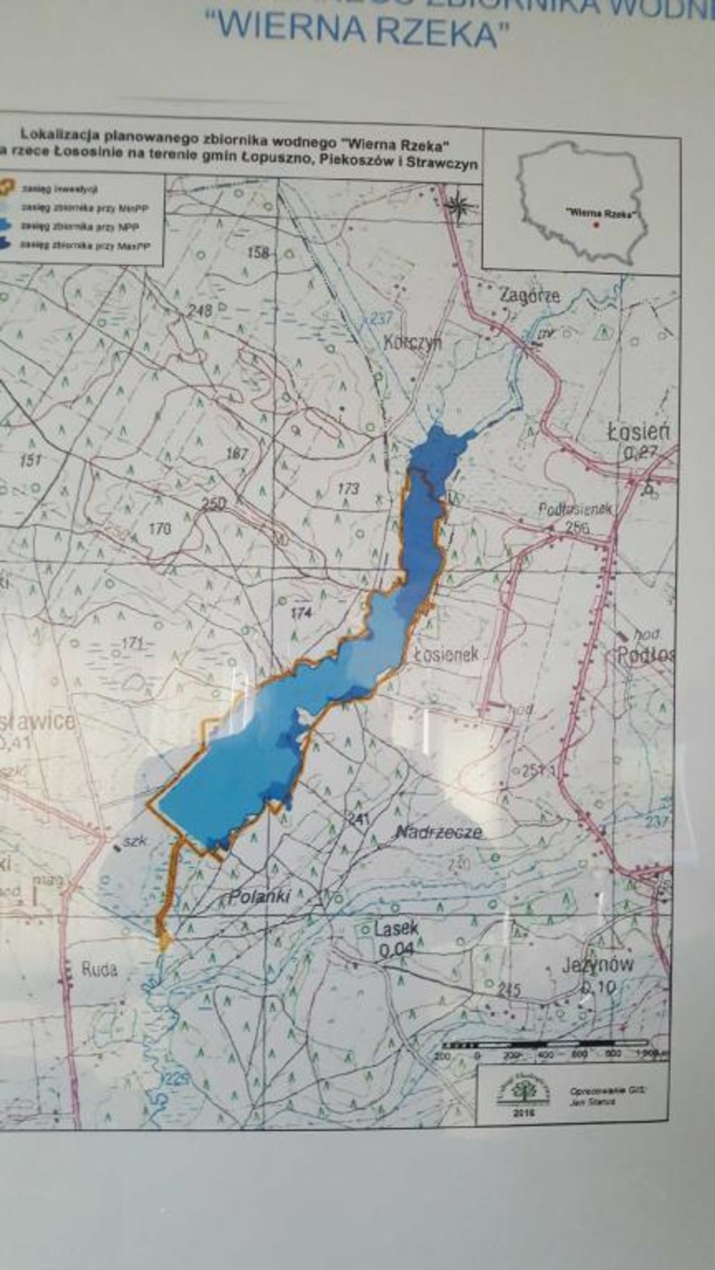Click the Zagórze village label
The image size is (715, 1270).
pyautogui.click(x=529, y=296)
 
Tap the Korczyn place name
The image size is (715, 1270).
pyautogui.click(x=413, y=343)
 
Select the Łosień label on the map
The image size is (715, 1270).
pyautogui.click(x=638, y=433)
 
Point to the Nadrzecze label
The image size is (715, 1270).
pyautogui.click(x=438, y=832)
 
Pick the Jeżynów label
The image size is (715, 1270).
pyautogui.click(x=598, y=965)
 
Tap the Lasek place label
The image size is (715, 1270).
pyautogui.click(x=396, y=929)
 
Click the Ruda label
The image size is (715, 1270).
pyautogui.click(x=100, y=969)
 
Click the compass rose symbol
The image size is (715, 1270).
pyautogui.click(x=459, y=206)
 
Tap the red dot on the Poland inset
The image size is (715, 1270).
pyautogui.click(x=596, y=225)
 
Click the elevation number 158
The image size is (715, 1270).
pyautogui.click(x=258, y=253)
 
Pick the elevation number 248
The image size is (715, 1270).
pyautogui.click(x=200, y=310)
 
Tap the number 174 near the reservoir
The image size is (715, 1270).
pyautogui.click(x=301, y=613)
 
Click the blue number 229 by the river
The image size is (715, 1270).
pyautogui.click(x=177, y=1079)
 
